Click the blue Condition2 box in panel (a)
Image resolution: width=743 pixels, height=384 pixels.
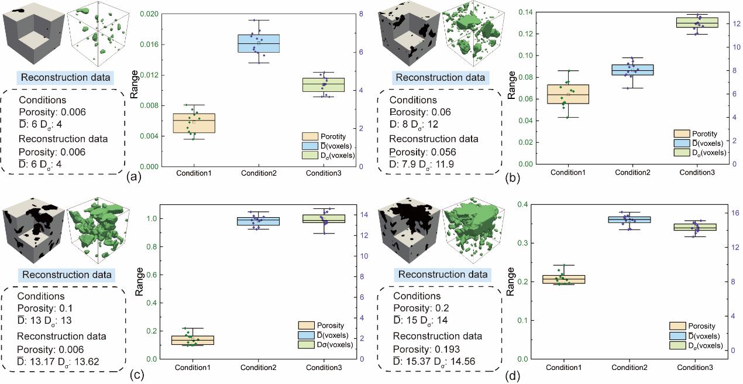point(258,43)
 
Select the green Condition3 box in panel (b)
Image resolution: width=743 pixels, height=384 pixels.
point(697,22)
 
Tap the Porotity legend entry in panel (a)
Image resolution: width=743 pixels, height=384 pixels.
point(328,136)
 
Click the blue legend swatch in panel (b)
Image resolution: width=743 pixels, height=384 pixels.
point(683,142)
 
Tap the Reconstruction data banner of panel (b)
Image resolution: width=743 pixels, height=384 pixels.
point(440,77)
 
